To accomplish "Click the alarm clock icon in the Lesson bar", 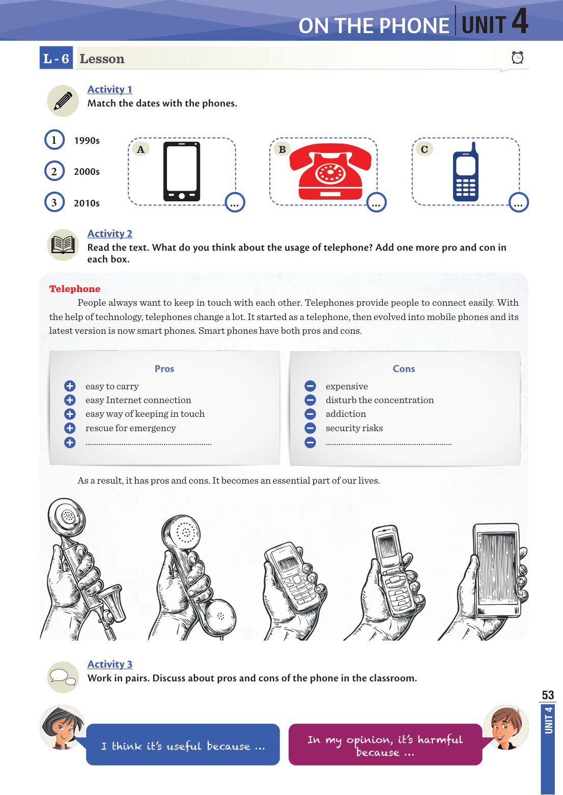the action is (x=517, y=58).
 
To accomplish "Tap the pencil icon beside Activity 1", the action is (x=63, y=101).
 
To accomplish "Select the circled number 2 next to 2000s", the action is (x=54, y=171).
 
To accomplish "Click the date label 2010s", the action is (x=87, y=203).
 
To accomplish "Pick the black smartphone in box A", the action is (x=182, y=171).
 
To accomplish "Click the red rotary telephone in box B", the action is (x=330, y=171).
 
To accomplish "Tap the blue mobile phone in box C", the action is (x=465, y=172).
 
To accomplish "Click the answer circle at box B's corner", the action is (x=376, y=203).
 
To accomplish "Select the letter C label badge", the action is (x=424, y=149).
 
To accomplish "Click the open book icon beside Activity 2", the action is (x=63, y=245).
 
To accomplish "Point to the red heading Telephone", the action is (x=75, y=288).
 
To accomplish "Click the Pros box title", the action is (x=164, y=369).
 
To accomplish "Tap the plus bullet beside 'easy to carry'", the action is (x=70, y=386).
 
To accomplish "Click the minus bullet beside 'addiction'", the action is (x=310, y=414).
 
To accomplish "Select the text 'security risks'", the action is (x=354, y=428).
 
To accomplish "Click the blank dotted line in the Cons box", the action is (x=388, y=444).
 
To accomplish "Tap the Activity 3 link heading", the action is (x=110, y=664).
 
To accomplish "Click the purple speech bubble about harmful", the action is (x=385, y=744).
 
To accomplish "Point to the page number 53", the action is (x=548, y=695).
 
